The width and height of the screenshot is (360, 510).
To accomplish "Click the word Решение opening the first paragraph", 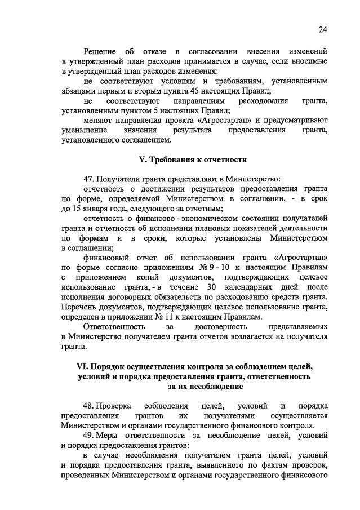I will [x=101, y=51].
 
